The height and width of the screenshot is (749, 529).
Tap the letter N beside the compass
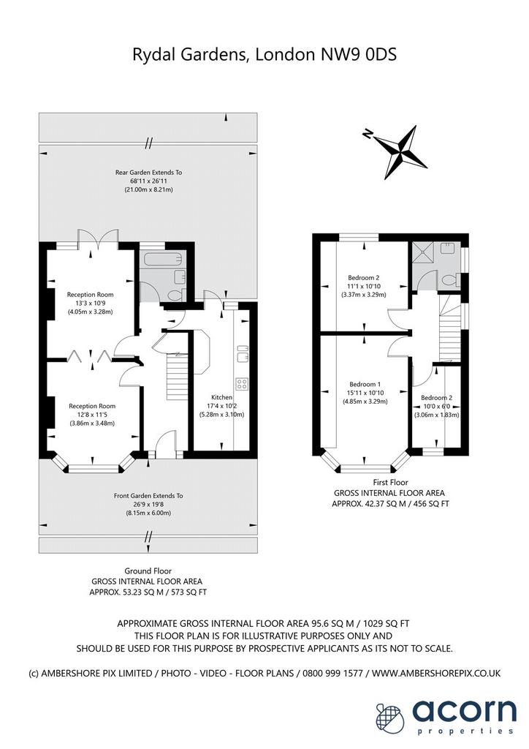[368, 134]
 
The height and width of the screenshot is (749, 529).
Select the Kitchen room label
[222, 397]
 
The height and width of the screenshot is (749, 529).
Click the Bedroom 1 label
[365, 384]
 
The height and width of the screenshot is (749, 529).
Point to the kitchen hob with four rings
[242, 383]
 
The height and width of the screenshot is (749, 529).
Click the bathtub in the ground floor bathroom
[160, 261]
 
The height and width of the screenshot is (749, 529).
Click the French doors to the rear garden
[98, 238]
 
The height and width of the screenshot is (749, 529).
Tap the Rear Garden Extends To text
[148, 173]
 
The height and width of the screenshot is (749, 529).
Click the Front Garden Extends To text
[148, 496]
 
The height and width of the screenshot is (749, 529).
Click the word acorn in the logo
[464, 711]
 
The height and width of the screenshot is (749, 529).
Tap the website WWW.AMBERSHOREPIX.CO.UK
[436, 673]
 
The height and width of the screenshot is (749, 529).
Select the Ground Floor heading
[148, 571]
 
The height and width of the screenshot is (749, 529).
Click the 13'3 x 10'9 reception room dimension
[90, 304]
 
